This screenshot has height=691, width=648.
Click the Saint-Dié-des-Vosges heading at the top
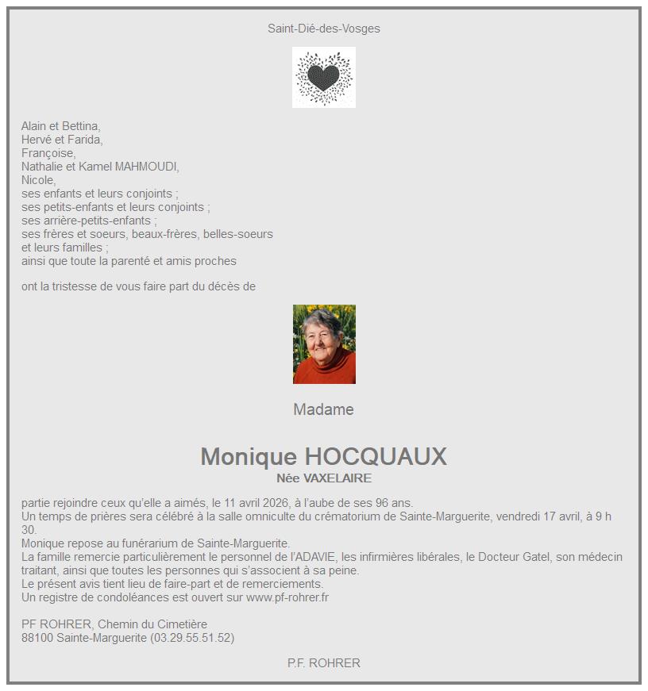click(324, 29)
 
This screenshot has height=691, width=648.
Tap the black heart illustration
click(323, 77)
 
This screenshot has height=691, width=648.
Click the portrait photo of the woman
click(324, 344)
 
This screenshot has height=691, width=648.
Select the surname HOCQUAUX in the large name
click(376, 457)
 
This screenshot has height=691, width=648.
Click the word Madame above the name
click(324, 410)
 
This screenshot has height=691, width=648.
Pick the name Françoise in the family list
click(48, 153)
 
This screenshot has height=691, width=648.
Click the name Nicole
click(38, 180)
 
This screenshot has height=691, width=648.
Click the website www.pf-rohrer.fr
click(287, 597)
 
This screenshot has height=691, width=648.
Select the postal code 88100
click(37, 638)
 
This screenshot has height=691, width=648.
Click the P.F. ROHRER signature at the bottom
click(324, 663)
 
